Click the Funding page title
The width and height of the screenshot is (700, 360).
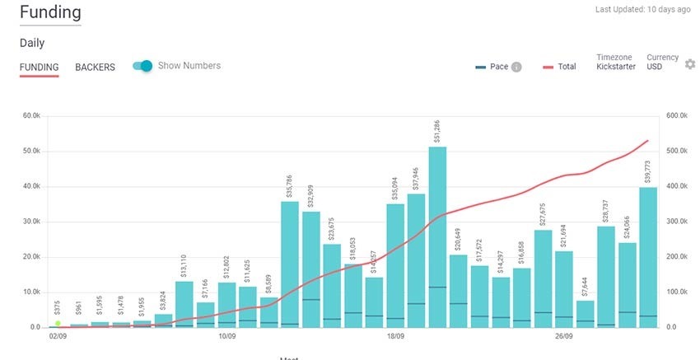pyautogui.click(x=50, y=12)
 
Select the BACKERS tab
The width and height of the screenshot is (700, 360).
pyautogui.click(x=95, y=67)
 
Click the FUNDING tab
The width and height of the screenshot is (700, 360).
pyautogui.click(x=39, y=67)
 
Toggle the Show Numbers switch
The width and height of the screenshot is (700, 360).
pyautogui.click(x=143, y=66)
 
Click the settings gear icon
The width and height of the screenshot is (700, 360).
pyautogui.click(x=690, y=63)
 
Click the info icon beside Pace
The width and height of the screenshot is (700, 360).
pyautogui.click(x=517, y=67)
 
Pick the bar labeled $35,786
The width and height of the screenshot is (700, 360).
pyautogui.click(x=289, y=264)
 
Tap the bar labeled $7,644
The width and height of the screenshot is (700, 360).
pyautogui.click(x=586, y=314)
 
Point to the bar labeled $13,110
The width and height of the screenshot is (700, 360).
pyautogui.click(x=184, y=304)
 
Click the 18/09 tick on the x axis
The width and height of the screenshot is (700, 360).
pyautogui.click(x=395, y=337)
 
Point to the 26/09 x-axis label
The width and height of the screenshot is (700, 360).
pyautogui.click(x=564, y=337)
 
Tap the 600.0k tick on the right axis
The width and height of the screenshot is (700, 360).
pyautogui.click(x=677, y=115)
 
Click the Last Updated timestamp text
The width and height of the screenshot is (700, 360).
pyautogui.click(x=642, y=10)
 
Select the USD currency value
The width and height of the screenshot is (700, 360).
pyautogui.click(x=656, y=67)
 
